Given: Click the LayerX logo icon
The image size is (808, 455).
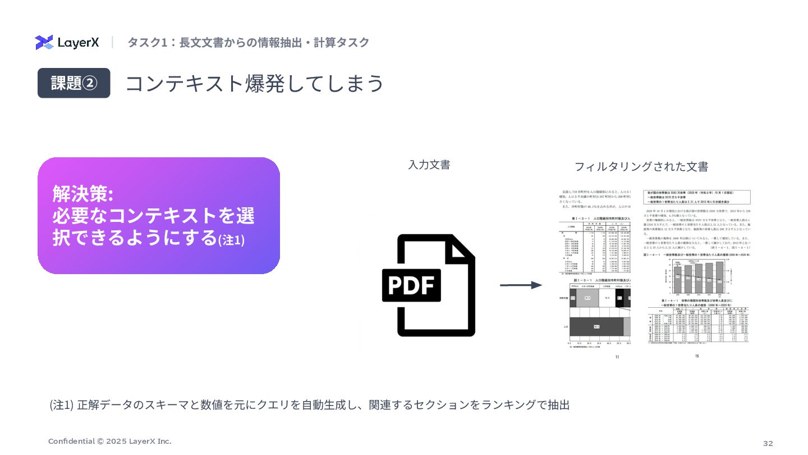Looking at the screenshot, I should click(44, 42).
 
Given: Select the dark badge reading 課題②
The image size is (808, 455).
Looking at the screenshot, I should click(74, 83).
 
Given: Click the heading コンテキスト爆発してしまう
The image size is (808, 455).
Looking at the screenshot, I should click(254, 83).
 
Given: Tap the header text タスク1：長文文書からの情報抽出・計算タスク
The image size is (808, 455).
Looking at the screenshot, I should click(248, 43).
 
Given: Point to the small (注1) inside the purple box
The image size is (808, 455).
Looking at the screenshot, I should click(231, 240).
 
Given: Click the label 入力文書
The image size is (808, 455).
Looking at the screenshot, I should click(429, 165).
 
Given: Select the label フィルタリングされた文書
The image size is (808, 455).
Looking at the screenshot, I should click(641, 167).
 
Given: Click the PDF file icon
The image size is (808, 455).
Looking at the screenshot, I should click(429, 285).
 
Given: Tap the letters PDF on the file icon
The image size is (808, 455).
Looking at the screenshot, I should click(411, 285).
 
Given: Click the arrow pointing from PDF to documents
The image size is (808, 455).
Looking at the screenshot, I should click(520, 285).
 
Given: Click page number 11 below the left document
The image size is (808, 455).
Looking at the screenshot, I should click(617, 357).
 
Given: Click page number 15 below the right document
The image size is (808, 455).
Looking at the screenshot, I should click(697, 356).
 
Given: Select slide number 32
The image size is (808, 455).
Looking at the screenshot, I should click(768, 443).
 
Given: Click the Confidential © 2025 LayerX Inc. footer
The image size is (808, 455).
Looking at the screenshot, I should click(110, 441).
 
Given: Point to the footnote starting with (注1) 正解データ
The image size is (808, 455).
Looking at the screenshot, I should click(309, 404).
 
